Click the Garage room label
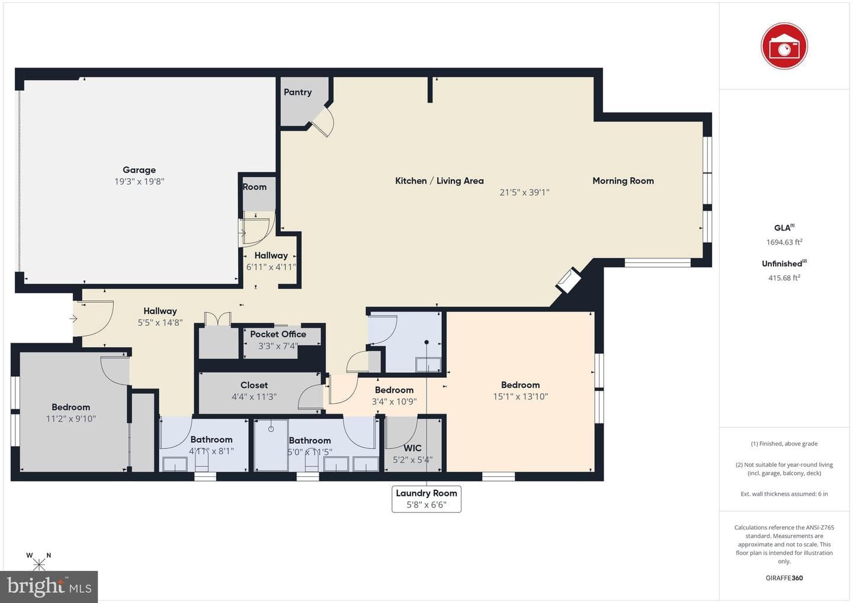pyautogui.click(x=139, y=170)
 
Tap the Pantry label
pyautogui.click(x=297, y=92)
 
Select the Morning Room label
pyautogui.click(x=623, y=181)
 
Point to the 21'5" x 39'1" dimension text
pyautogui.click(x=524, y=193)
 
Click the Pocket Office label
pyautogui.click(x=278, y=334)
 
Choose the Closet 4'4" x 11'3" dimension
pyautogui.click(x=254, y=397)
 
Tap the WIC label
pyautogui.click(x=412, y=448)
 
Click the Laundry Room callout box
pyautogui.click(x=426, y=499)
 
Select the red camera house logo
pyautogui.click(x=784, y=46)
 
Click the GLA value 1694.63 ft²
pyautogui.click(x=784, y=242)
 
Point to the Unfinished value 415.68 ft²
pyautogui.click(x=784, y=278)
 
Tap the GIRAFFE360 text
pyautogui.click(x=784, y=578)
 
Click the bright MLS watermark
pyautogui.click(x=49, y=586)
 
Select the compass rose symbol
pyautogui.click(x=39, y=562)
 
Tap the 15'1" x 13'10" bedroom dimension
pyautogui.click(x=520, y=396)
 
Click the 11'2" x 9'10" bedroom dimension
pyautogui.click(x=71, y=419)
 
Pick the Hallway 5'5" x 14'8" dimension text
pyautogui.click(x=160, y=322)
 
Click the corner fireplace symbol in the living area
pyautogui.click(x=568, y=281)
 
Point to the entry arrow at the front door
pyautogui.click(x=73, y=319)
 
